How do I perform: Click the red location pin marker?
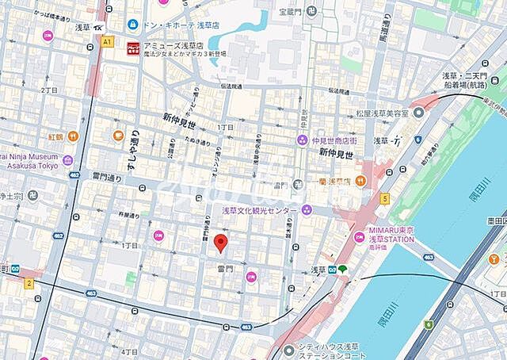[x=223, y=243]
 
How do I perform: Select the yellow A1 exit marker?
[x=107, y=40]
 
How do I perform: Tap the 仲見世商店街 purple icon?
[x=303, y=140]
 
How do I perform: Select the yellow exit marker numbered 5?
[x=385, y=198]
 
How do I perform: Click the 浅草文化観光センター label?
[x=260, y=210]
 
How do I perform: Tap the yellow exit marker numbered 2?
[x=29, y=282]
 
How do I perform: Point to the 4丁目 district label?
[x=130, y=350]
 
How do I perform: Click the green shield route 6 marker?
[x=429, y=324]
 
